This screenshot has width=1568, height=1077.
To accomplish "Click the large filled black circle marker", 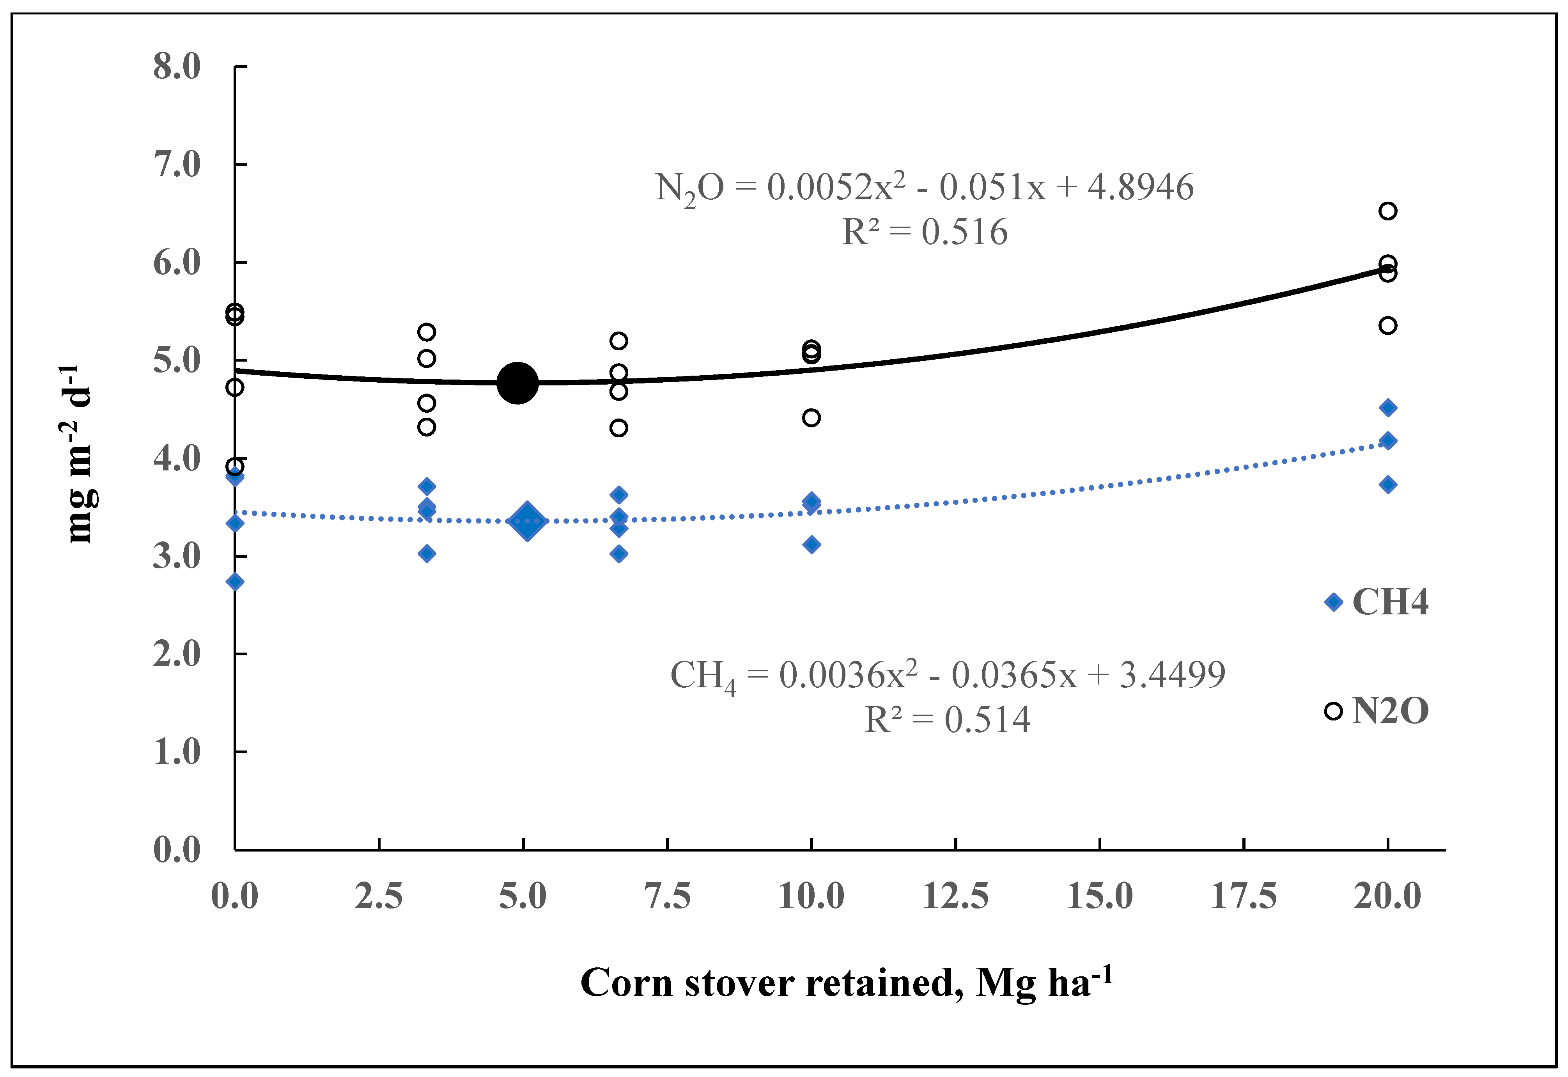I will [x=517, y=383].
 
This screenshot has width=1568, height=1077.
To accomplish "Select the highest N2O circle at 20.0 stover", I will [x=1388, y=211].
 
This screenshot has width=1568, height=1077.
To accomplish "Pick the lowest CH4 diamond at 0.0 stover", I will [x=235, y=582].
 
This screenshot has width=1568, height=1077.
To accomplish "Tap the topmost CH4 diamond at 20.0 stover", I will [x=1388, y=408].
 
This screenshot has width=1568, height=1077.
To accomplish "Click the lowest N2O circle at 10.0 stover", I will [x=811, y=418].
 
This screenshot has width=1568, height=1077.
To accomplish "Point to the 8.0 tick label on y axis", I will [x=177, y=67].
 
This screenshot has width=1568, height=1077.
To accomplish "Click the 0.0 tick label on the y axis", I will [x=177, y=850].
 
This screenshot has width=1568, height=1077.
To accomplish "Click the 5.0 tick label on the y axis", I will [x=177, y=360].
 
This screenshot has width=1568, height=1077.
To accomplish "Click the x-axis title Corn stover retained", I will [x=845, y=983].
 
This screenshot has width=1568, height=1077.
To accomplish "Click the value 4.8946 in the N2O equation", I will [x=1140, y=187].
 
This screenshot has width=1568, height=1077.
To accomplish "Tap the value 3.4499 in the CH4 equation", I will [x=1172, y=674].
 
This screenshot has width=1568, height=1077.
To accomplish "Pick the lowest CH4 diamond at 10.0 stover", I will [x=811, y=545].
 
